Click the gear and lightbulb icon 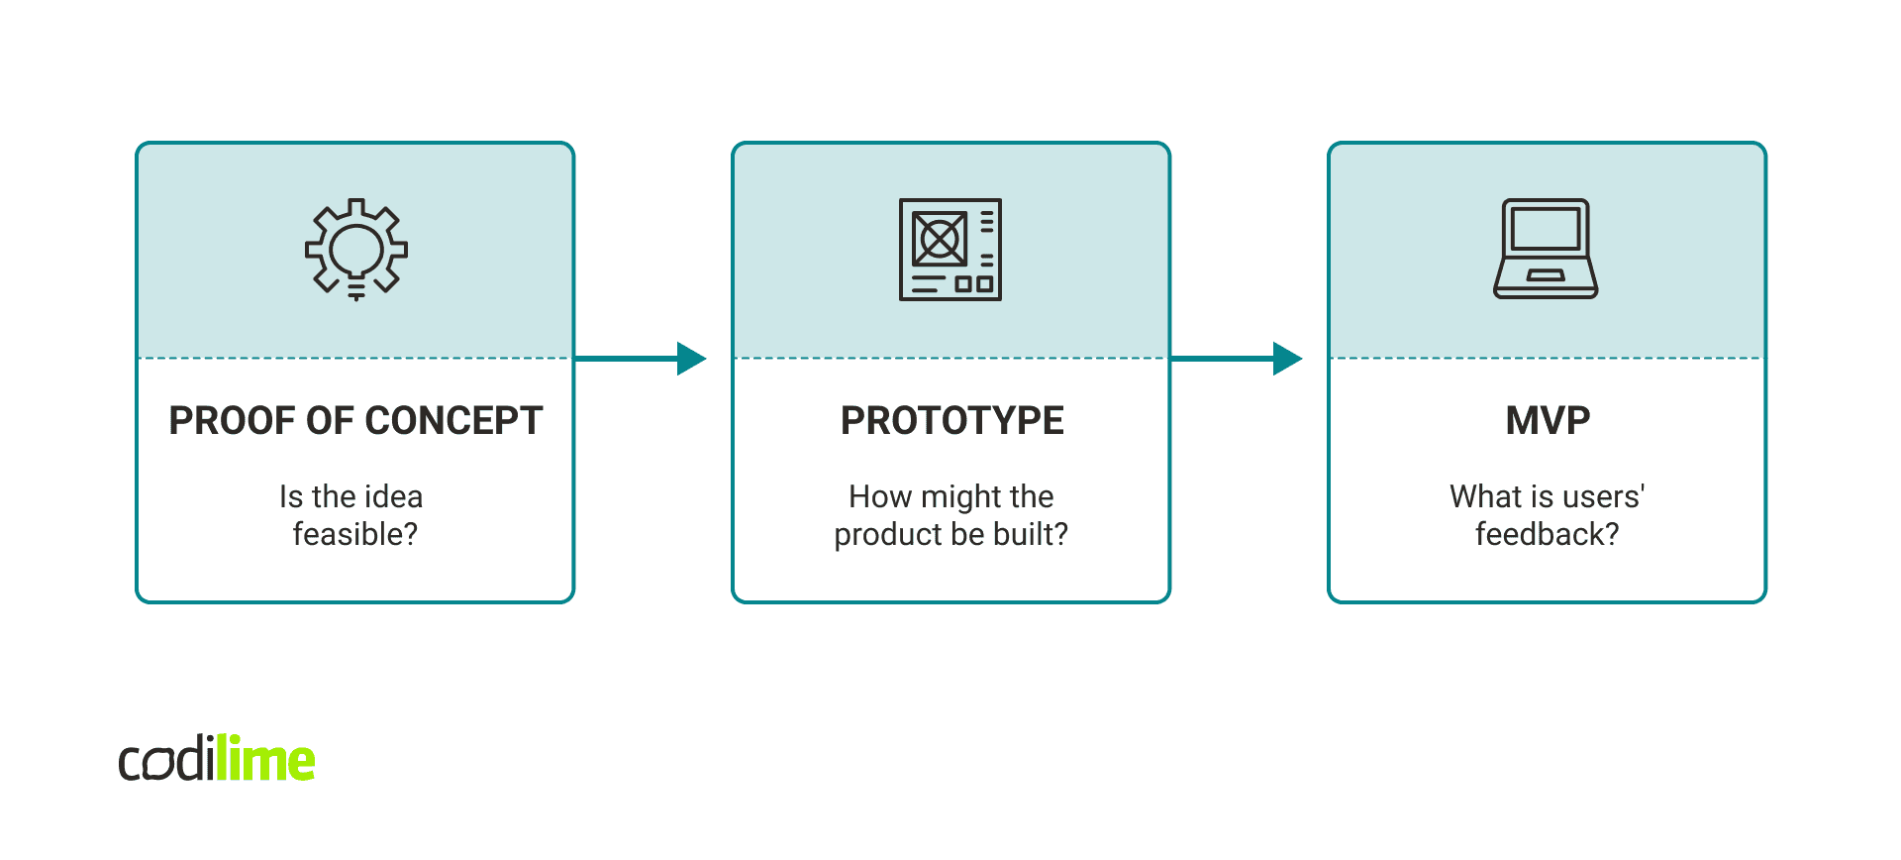pyautogui.click(x=355, y=249)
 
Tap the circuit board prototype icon pyautogui.click(x=950, y=249)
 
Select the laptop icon pyautogui.click(x=1546, y=249)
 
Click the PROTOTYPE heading pyautogui.click(x=951, y=421)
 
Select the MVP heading pyautogui.click(x=1548, y=421)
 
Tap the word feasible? pyautogui.click(x=355, y=534)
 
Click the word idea pyautogui.click(x=393, y=496)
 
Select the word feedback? pyautogui.click(x=1547, y=534)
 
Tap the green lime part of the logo pyautogui.click(x=265, y=760)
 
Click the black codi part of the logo pyautogui.click(x=165, y=761)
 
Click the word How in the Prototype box pyautogui.click(x=880, y=496)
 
